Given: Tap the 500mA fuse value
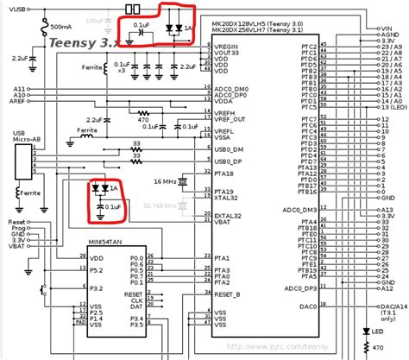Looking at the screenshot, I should click(x=60, y=27).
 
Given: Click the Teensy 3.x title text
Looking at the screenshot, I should click(x=84, y=41).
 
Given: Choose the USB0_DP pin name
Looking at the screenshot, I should click(x=227, y=161).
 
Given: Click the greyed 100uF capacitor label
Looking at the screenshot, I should click(x=94, y=18).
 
